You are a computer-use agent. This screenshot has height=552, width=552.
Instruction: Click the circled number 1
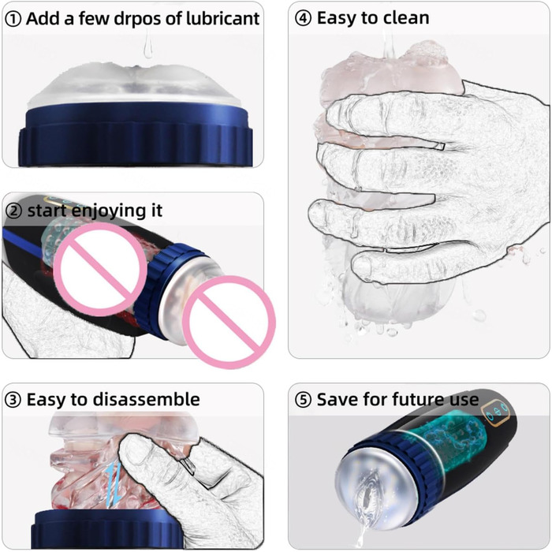pos(13,20)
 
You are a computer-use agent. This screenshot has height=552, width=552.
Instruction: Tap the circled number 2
pos(14,211)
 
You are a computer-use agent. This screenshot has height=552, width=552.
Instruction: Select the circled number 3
pos(13,401)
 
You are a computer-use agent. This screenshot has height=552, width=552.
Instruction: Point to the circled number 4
pos(303,19)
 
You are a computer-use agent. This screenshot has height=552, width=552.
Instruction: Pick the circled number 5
pos(303,400)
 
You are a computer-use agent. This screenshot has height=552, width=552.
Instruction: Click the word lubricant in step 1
pos(222,19)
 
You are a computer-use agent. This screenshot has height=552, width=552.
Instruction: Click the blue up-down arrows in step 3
pos(114,485)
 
